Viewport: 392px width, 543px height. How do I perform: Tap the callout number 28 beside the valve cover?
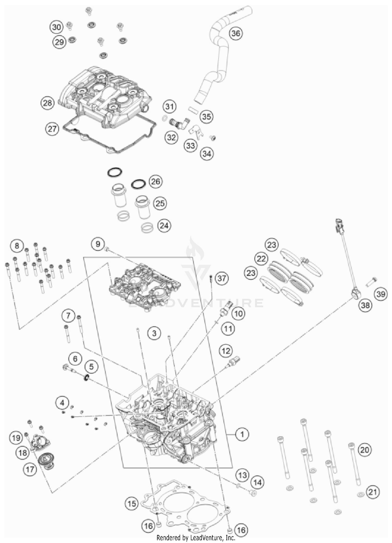click(x=48, y=103)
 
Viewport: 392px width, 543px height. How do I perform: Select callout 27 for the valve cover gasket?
click(x=52, y=129)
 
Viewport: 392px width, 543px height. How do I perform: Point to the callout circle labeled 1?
click(x=242, y=434)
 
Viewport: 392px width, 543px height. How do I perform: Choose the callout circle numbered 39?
click(x=381, y=294)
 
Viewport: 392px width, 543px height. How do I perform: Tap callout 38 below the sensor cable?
click(x=365, y=305)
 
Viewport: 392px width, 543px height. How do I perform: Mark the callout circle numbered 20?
click(x=365, y=450)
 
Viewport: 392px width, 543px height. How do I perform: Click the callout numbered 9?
click(x=98, y=244)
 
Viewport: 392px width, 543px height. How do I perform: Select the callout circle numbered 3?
click(x=154, y=333)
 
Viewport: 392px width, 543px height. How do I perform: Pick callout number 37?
click(x=222, y=278)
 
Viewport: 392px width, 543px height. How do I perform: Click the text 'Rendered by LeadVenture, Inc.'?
click(x=196, y=538)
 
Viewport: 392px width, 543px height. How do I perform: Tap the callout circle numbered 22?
click(x=261, y=259)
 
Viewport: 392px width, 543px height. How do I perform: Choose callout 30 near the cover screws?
click(x=56, y=27)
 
